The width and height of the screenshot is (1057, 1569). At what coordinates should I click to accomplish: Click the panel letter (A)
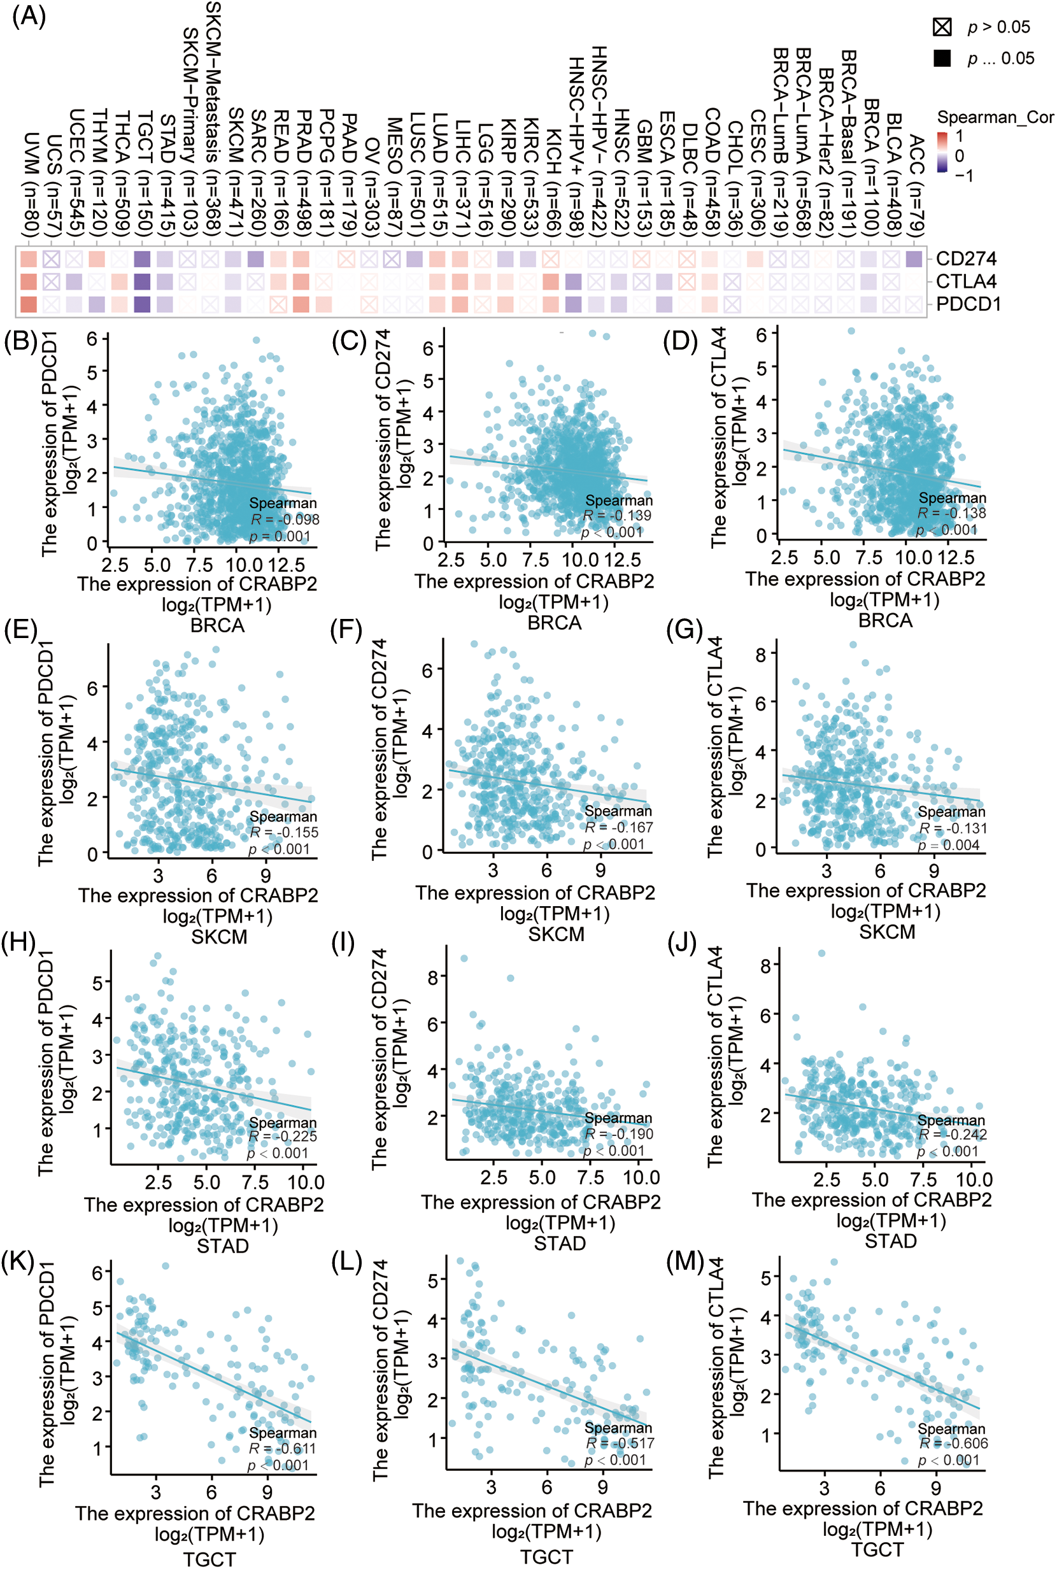click(x=28, y=15)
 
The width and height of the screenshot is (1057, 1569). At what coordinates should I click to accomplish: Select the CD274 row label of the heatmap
click(x=965, y=259)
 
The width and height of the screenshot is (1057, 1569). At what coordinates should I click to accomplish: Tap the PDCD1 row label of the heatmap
click(x=968, y=304)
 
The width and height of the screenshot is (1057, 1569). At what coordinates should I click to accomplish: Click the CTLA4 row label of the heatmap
click(x=966, y=281)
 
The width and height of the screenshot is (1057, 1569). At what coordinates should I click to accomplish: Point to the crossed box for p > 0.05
click(x=942, y=27)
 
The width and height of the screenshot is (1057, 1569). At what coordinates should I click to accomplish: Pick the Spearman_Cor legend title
click(x=995, y=117)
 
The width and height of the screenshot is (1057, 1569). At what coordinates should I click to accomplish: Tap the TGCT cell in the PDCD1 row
click(x=142, y=304)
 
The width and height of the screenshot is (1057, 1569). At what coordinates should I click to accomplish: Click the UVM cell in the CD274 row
click(x=28, y=259)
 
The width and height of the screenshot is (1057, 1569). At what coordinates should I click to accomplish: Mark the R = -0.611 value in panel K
click(x=283, y=1449)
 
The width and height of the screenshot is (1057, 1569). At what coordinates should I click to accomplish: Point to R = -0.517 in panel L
click(x=620, y=1443)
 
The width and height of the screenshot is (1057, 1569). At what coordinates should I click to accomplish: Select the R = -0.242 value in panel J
click(x=953, y=1134)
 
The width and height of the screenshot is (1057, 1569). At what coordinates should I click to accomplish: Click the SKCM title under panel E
click(x=219, y=936)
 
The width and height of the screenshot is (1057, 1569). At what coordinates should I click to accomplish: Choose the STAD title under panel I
click(x=560, y=1243)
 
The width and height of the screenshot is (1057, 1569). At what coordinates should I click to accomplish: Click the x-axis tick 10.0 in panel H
click(x=306, y=1182)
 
